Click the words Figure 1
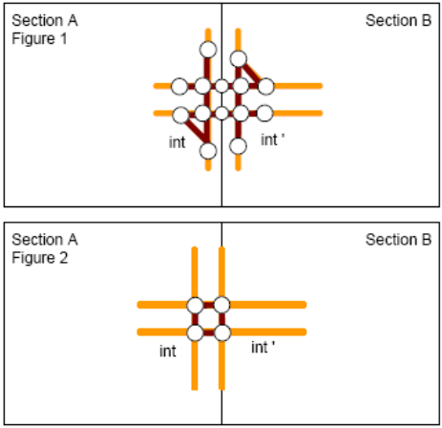point(39,38)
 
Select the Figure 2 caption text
point(40,258)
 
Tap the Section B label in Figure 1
point(398,20)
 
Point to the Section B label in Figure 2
point(398,240)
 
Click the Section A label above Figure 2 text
point(45,240)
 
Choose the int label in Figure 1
point(177,142)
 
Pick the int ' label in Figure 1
point(273,139)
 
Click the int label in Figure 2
point(168,352)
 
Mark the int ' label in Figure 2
point(263,347)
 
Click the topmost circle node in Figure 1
point(208,50)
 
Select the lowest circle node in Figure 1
point(208,151)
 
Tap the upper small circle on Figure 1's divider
point(221,86)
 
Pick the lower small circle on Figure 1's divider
point(221,113)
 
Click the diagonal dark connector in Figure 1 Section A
point(196,131)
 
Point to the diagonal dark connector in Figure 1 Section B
point(252,73)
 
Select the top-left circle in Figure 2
point(195,305)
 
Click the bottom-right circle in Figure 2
point(222,332)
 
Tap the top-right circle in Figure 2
point(221,305)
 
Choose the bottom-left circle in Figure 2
point(195,332)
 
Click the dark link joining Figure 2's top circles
point(208,305)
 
